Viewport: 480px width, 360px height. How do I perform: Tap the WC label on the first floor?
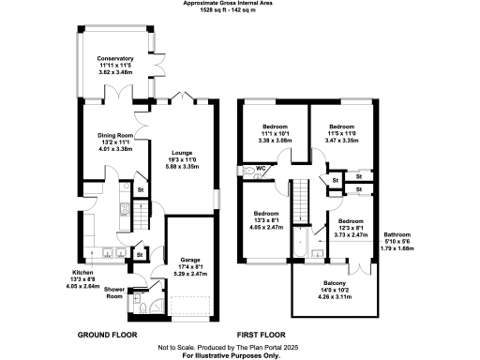point(263,169)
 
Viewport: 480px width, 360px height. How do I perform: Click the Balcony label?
point(335,283)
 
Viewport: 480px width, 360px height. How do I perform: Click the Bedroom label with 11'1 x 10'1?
point(275,125)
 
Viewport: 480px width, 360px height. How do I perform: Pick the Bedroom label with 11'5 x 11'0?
point(340,125)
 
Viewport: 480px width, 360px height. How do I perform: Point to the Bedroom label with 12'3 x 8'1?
point(352,222)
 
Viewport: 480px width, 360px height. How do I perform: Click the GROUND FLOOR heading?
point(106,335)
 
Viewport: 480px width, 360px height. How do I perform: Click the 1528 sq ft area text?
point(239,11)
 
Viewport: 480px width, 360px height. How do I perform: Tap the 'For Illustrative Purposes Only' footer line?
point(239,355)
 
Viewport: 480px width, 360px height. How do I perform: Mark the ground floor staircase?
point(141,218)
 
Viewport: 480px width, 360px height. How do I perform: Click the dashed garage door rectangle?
point(191,306)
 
